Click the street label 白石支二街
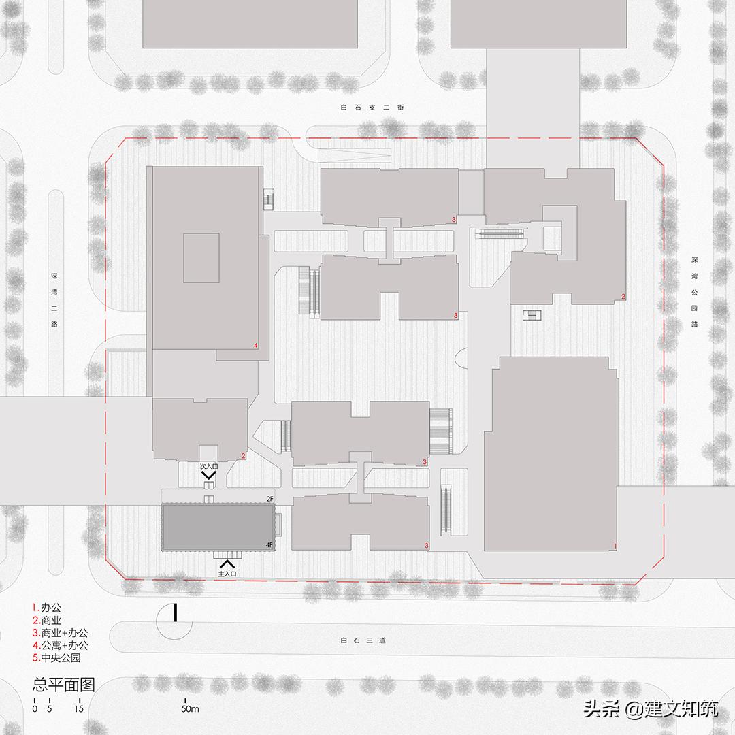pyautogui.click(x=372, y=108)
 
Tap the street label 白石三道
pyautogui.click(x=363, y=640)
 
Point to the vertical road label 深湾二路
pyautogui.click(x=54, y=300)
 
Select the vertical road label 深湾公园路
pyautogui.click(x=694, y=291)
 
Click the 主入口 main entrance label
pyautogui.click(x=227, y=574)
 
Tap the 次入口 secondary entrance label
pyautogui.click(x=209, y=466)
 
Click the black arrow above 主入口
pyautogui.click(x=227, y=564)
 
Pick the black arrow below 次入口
pyautogui.click(x=209, y=475)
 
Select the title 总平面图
pyautogui.click(x=64, y=685)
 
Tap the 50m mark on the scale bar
pyautogui.click(x=190, y=708)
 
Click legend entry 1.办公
pyautogui.click(x=46, y=608)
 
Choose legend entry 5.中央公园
pyautogui.click(x=56, y=657)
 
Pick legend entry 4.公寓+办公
pyautogui.click(x=60, y=645)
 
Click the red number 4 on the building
pyautogui.click(x=255, y=346)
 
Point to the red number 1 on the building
pyautogui.click(x=615, y=546)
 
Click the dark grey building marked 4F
pyautogui.click(x=218, y=527)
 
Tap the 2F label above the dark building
pyautogui.click(x=269, y=500)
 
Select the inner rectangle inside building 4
pyautogui.click(x=201, y=258)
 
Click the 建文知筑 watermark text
pyautogui.click(x=680, y=708)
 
